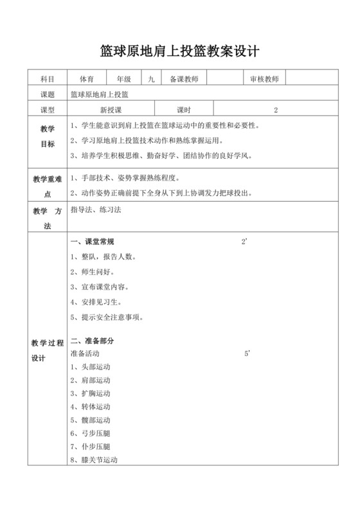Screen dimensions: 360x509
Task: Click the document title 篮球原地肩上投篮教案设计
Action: [180, 51]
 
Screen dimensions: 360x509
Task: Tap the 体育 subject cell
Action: [87, 79]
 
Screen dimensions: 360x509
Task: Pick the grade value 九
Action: [151, 79]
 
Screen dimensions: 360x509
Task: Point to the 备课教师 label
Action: [184, 79]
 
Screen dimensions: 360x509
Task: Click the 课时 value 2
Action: [275, 110]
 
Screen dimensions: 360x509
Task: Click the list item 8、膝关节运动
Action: [94, 460]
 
